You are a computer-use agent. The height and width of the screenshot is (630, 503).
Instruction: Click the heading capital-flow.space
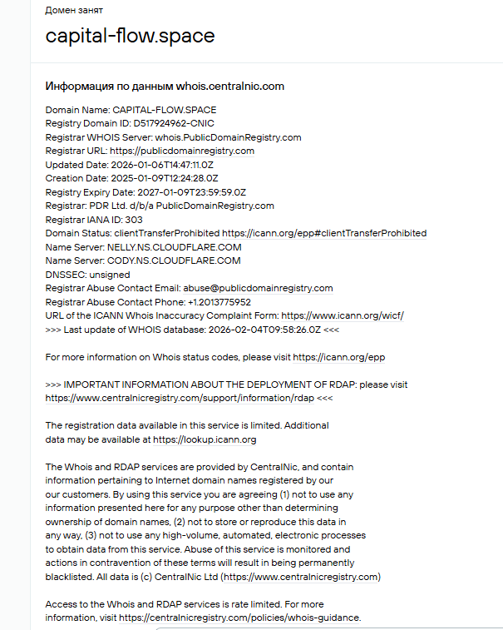click(130, 36)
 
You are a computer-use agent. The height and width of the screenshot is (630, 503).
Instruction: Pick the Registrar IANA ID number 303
click(133, 220)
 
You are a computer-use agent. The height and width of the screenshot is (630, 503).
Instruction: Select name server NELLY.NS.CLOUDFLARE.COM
click(174, 247)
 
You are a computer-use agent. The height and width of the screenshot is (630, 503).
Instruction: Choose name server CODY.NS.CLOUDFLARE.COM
click(174, 260)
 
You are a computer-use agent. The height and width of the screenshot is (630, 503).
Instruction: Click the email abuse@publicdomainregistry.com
click(263, 288)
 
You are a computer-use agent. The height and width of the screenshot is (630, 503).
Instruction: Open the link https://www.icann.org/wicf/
click(343, 316)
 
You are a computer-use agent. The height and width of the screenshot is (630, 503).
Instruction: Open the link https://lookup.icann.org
click(205, 439)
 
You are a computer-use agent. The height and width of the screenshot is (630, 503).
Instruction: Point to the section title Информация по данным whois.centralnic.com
click(165, 86)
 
